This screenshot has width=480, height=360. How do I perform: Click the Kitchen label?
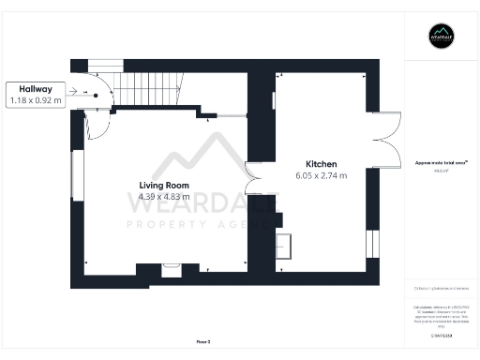[x=322, y=163]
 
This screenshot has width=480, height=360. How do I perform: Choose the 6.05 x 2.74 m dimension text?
[x=322, y=175]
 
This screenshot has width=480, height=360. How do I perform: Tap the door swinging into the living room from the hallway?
[x=97, y=120]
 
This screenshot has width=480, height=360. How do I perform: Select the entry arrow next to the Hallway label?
[x=80, y=93]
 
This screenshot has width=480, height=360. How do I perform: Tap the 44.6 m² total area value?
[x=440, y=171]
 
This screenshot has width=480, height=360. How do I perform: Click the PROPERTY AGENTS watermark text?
[x=202, y=225]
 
